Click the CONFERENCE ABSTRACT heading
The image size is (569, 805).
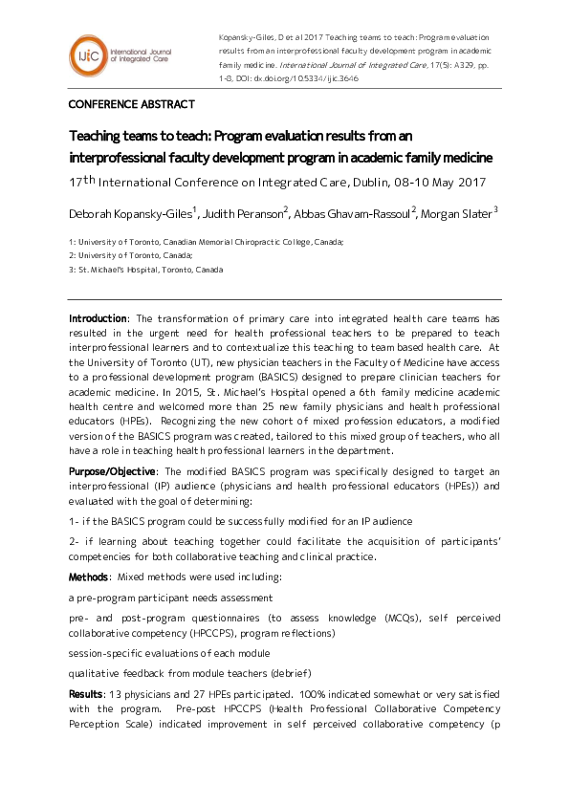pyautogui.click(x=131, y=104)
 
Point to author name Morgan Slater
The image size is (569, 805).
pyautogui.click(x=457, y=212)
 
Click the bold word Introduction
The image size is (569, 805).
pyautogui.click(x=98, y=318)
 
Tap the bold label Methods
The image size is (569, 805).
pyautogui.click(x=88, y=577)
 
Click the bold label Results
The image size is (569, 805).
pyautogui.click(x=86, y=692)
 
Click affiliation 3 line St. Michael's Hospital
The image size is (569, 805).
pyautogui.click(x=145, y=270)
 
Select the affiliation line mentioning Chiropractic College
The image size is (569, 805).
pyautogui.click(x=206, y=243)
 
